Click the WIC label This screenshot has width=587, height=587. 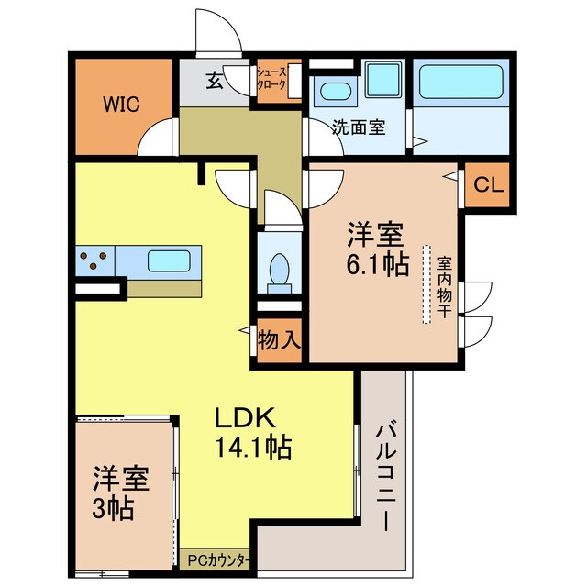click(121, 104)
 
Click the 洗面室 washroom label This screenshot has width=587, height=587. click(358, 127)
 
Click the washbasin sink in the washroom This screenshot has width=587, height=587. click(331, 92)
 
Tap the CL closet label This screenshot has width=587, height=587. click(487, 184)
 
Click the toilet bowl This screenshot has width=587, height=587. click(279, 271)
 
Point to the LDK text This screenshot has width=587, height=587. click(245, 417)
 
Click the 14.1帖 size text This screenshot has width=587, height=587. click(253, 449)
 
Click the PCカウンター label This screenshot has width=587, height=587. click(217, 559)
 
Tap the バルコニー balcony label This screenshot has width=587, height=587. click(386, 476)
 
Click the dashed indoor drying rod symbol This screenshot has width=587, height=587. click(426, 283)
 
